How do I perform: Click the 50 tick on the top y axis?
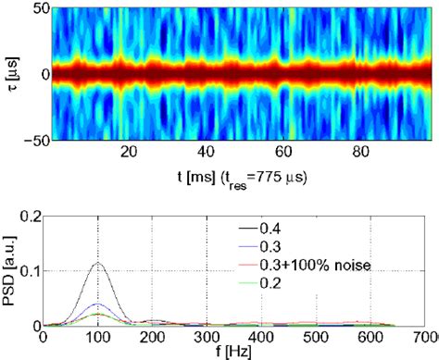tap(36, 7)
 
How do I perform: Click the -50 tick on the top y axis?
tap(33, 140)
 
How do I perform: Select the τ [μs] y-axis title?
tap(11, 73)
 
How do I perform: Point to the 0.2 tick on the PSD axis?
tap(36, 216)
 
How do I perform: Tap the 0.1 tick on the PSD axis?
tap(36, 271)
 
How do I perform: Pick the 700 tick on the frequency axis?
tap(424, 338)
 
